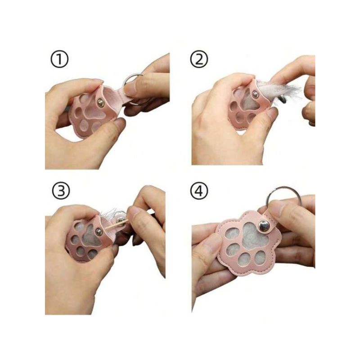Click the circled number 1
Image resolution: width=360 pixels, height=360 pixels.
[59, 59]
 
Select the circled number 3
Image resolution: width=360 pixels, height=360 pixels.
[61, 191]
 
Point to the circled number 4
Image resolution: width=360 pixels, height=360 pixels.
[199, 191]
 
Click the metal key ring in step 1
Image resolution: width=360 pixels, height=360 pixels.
[132, 75]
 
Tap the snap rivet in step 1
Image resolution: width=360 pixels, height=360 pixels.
[100, 103]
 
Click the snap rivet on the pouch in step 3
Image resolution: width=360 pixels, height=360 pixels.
[99, 231]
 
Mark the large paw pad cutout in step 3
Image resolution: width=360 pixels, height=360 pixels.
[90, 237]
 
